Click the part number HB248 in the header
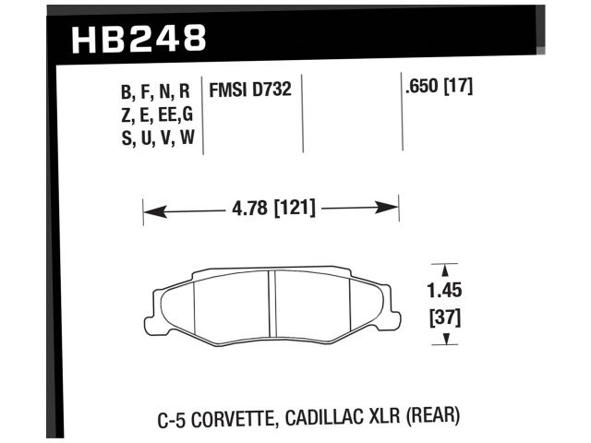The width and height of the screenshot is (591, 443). [x=139, y=38]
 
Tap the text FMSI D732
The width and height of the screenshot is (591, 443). [x=252, y=91]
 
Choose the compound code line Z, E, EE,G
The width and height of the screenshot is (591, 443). [x=155, y=115]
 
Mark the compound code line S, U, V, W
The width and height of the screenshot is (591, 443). [x=155, y=139]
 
